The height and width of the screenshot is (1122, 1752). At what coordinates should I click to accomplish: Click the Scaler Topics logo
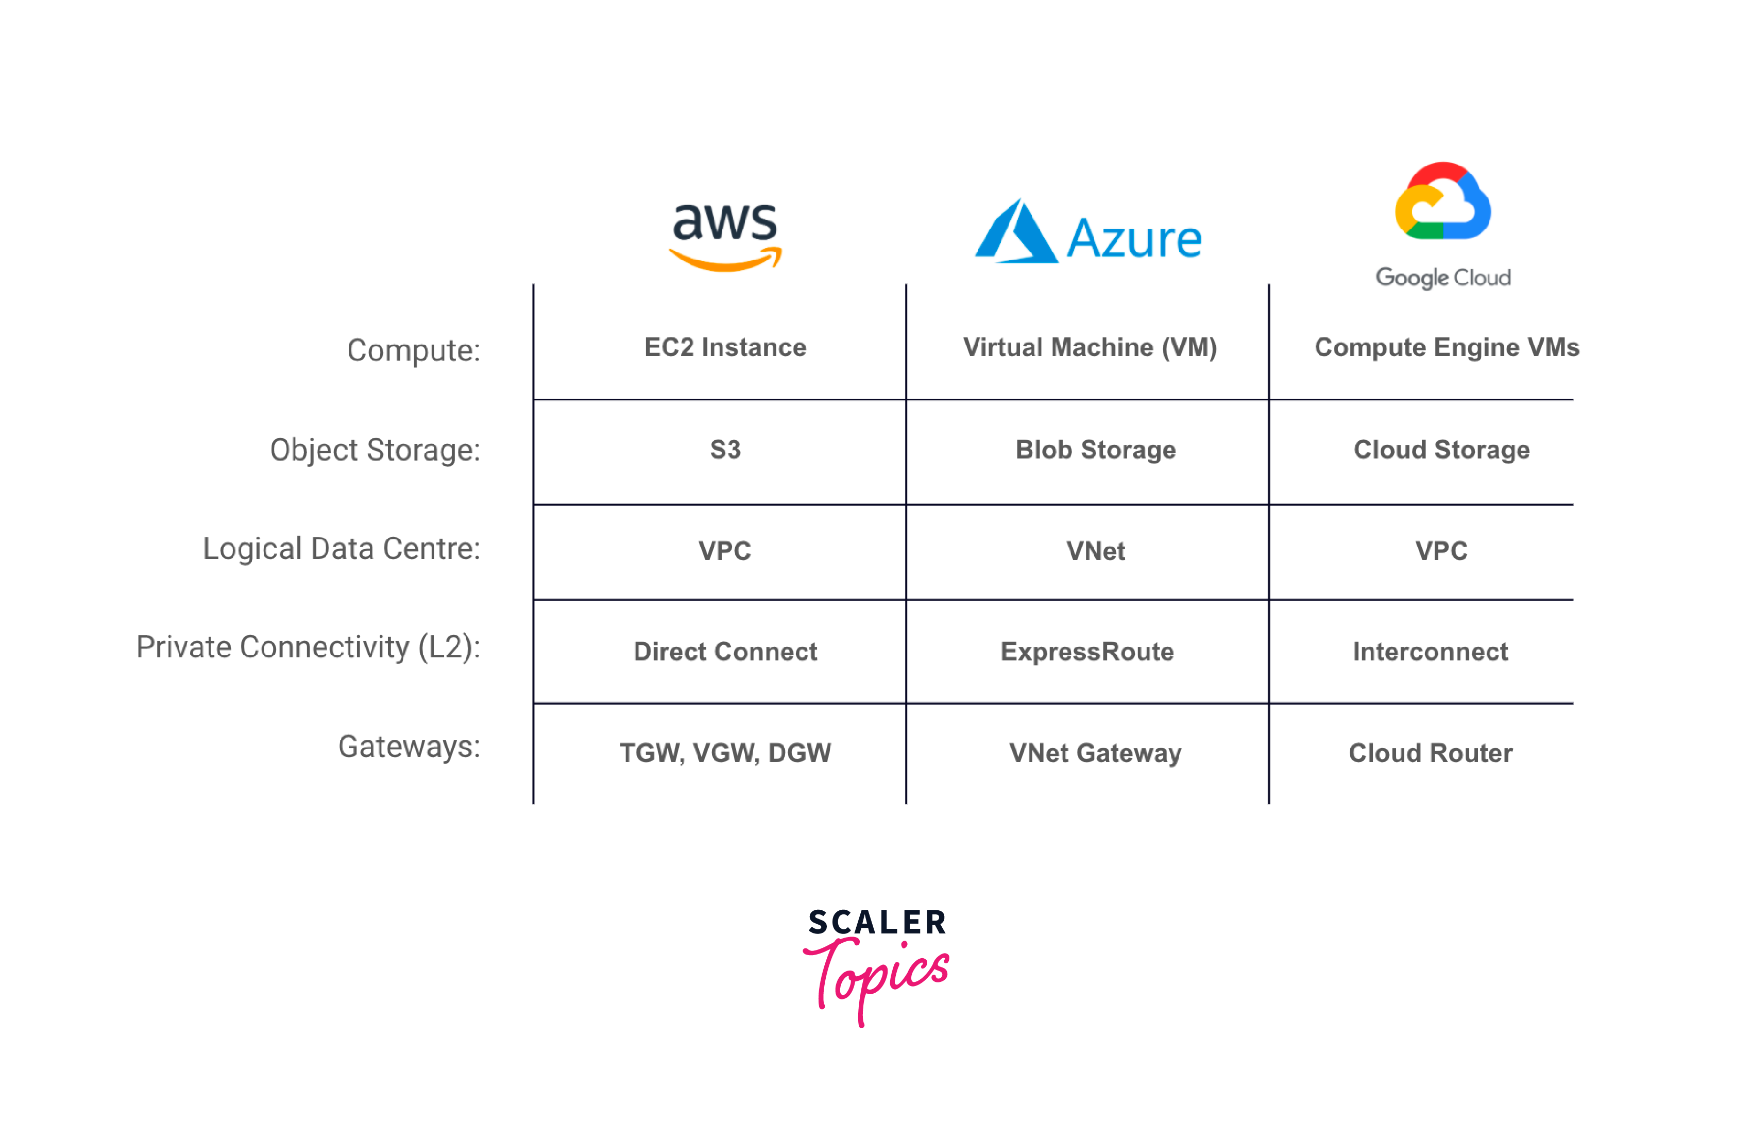click(x=876, y=966)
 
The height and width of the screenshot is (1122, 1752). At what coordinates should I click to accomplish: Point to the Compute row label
click(x=414, y=350)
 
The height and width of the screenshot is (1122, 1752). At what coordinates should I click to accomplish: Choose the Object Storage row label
click(x=375, y=450)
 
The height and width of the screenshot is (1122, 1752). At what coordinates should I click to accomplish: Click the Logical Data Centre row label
click(x=342, y=549)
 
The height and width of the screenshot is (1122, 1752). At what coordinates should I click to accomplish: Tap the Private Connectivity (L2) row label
click(x=308, y=647)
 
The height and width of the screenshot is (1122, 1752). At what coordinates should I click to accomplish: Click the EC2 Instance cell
click(x=725, y=348)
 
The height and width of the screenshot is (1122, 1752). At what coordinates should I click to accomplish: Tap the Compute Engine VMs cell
click(x=1447, y=348)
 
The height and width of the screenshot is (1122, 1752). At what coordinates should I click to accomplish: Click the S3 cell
click(x=725, y=450)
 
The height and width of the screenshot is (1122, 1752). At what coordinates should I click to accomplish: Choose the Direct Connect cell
click(x=725, y=651)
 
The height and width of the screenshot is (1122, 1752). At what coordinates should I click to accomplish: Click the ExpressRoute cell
click(x=1087, y=651)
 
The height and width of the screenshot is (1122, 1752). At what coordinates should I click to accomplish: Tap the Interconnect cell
click(x=1430, y=651)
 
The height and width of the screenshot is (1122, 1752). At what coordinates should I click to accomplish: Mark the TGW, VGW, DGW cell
click(x=725, y=753)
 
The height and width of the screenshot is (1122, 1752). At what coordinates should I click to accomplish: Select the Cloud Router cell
click(x=1430, y=753)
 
